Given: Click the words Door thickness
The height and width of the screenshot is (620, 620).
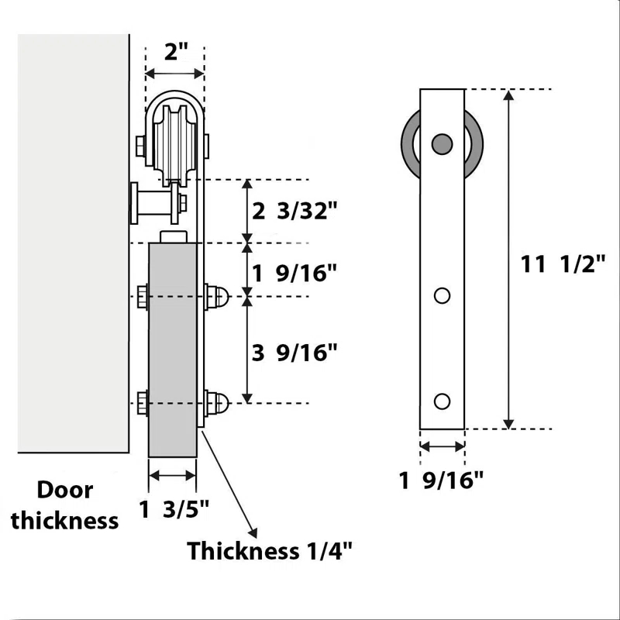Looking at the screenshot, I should point(65,505).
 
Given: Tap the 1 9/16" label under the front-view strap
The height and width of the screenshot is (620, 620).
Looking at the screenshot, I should point(442,480).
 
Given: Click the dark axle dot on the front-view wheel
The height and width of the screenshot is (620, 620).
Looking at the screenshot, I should point(442,143).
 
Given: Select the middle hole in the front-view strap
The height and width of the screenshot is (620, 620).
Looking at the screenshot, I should point(442,295).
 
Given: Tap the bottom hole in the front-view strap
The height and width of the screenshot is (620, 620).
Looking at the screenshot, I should point(442,401).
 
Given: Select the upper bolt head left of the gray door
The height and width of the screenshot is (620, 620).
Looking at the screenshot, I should point(143,297).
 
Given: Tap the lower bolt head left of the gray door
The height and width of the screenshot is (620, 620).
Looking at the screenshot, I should point(143,402).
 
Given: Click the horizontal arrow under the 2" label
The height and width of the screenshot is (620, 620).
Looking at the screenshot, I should point(175,74).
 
